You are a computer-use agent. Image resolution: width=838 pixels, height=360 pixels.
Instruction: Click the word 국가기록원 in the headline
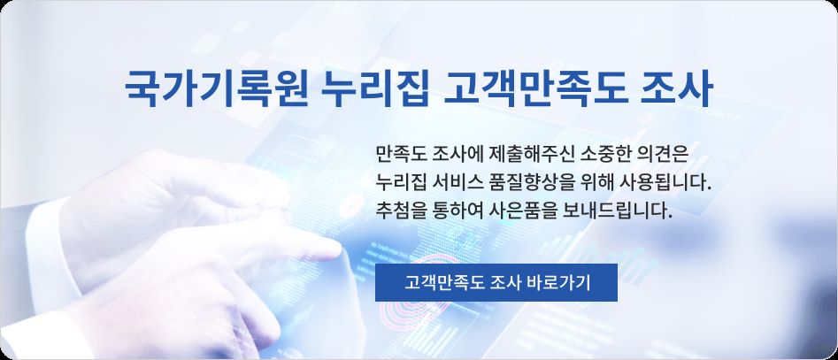216,88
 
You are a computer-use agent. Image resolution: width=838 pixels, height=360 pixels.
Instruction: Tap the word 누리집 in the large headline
376,88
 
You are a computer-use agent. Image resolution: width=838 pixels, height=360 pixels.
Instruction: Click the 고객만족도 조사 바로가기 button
496,282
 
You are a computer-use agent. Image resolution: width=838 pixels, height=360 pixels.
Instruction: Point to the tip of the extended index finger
340,249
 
